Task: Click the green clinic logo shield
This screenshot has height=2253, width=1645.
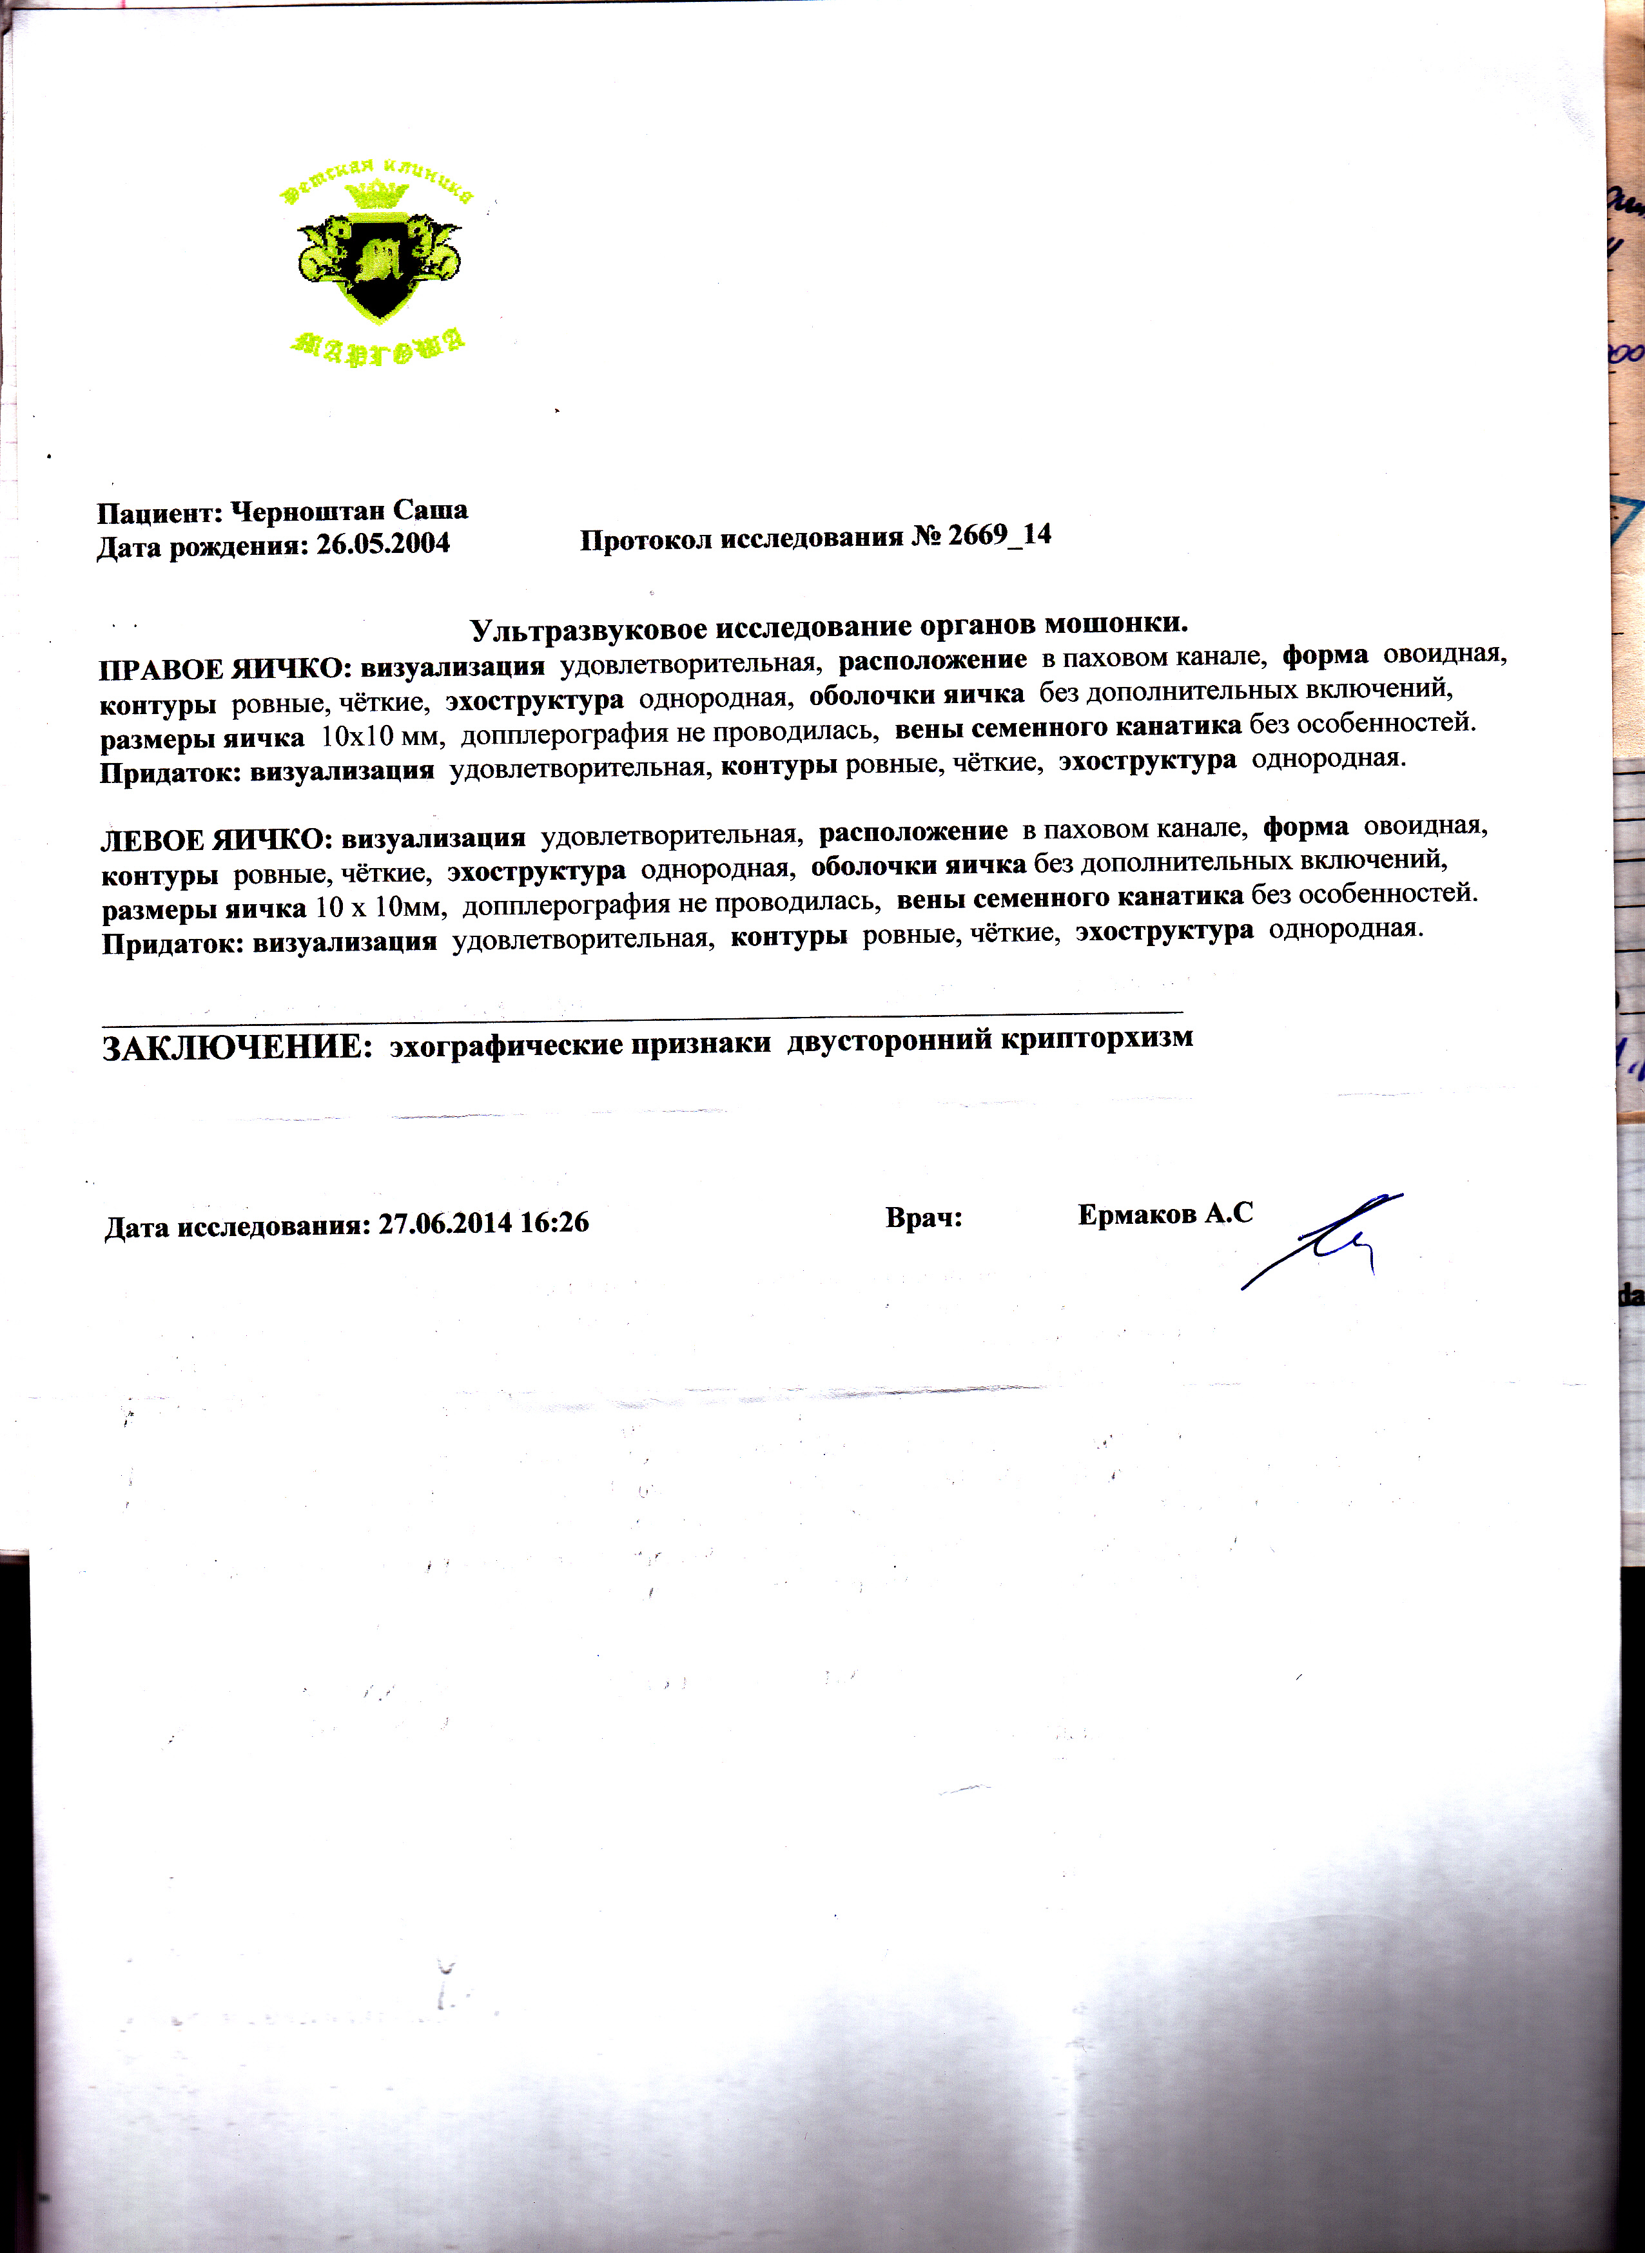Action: (x=378, y=264)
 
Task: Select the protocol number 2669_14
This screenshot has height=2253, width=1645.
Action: (x=998, y=536)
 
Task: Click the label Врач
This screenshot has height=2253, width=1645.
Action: (x=923, y=1217)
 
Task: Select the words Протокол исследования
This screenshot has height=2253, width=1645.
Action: (x=742, y=539)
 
